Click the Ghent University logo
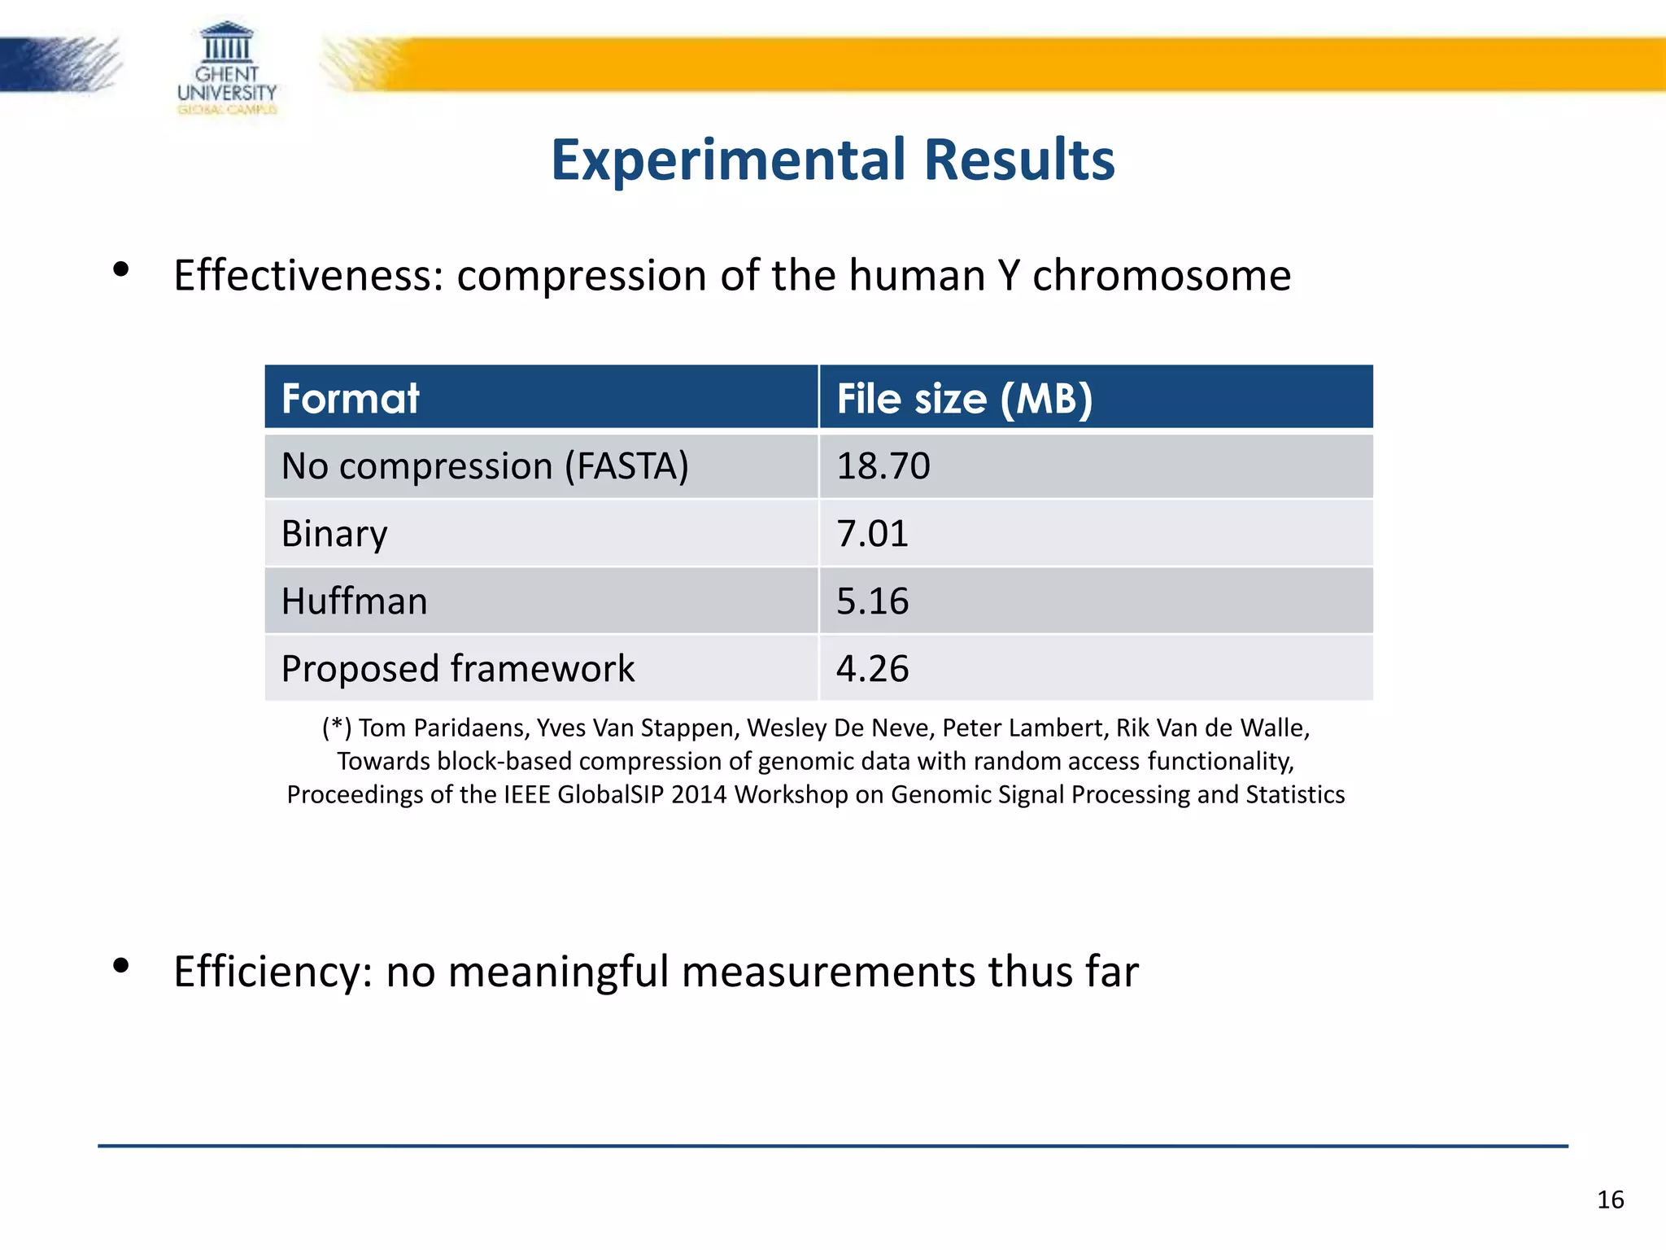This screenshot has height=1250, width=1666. [x=227, y=68]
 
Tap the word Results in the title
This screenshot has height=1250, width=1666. [x=1019, y=160]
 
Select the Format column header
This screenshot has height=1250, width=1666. [x=350, y=399]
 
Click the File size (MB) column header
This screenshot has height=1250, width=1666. [x=964, y=399]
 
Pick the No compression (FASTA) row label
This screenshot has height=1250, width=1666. [x=485, y=466]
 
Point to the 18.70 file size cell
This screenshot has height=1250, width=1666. [x=883, y=466]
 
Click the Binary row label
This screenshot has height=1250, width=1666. [x=334, y=534]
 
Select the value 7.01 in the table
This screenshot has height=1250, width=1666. [x=872, y=534]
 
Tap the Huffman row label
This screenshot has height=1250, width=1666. [x=354, y=601]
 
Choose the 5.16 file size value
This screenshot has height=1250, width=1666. [x=872, y=601]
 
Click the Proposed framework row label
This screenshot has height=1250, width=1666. [x=457, y=669]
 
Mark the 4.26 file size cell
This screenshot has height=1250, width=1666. [x=872, y=669]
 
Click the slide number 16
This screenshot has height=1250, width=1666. [x=1610, y=1200]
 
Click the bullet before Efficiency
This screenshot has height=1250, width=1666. [x=121, y=966]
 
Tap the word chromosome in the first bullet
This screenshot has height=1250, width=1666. [x=1161, y=276]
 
